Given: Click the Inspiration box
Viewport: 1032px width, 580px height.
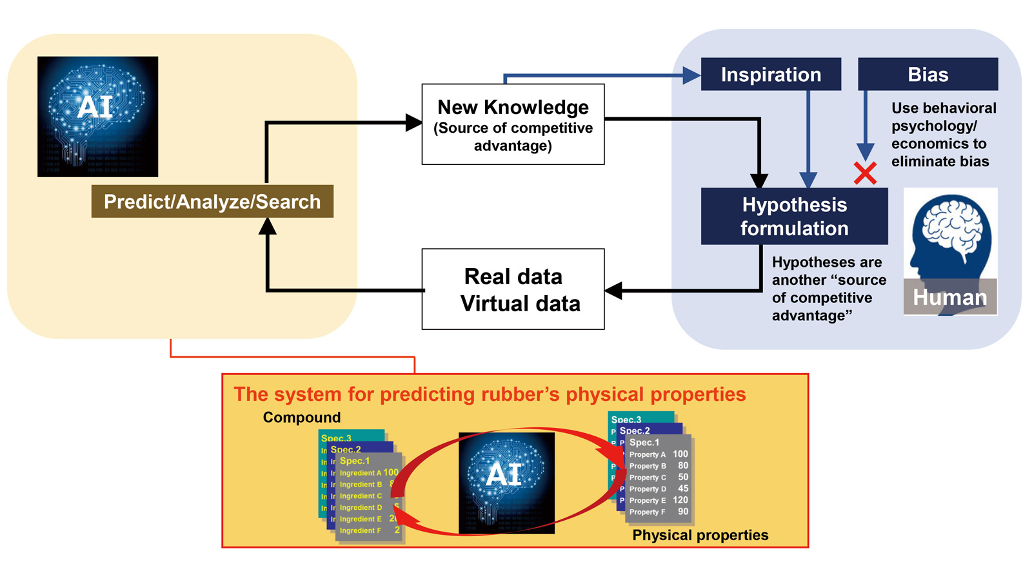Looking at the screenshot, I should (771, 74).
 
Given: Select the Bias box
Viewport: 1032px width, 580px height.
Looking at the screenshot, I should (928, 74).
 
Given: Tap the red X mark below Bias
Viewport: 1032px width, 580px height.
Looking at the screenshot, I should (865, 173).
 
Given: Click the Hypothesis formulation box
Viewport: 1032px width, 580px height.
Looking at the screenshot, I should (794, 217).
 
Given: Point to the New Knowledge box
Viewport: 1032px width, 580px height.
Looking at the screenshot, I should (513, 124).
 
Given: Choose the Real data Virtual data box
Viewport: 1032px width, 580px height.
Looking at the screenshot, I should (513, 289).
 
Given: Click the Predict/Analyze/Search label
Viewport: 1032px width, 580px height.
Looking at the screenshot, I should (212, 201).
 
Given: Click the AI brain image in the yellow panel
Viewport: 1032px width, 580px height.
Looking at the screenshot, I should (97, 117).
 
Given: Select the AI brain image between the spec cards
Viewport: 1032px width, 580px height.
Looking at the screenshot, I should (506, 483).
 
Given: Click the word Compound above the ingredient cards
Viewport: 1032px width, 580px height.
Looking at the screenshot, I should (301, 417).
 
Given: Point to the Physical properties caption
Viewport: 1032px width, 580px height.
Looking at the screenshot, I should (700, 535).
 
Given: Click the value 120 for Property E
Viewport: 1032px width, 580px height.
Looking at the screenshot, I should (680, 500).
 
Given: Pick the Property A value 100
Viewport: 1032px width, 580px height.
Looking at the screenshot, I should (680, 454).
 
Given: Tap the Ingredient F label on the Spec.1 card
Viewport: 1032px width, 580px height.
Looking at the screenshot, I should (360, 530).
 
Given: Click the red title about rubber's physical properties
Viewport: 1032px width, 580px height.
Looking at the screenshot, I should (490, 394).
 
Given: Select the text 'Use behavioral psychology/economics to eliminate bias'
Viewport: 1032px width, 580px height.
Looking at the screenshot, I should (943, 135).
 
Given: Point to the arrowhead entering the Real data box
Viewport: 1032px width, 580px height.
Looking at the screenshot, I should (613, 291).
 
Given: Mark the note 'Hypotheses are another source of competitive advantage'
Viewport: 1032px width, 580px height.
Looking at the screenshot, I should (828, 289).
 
